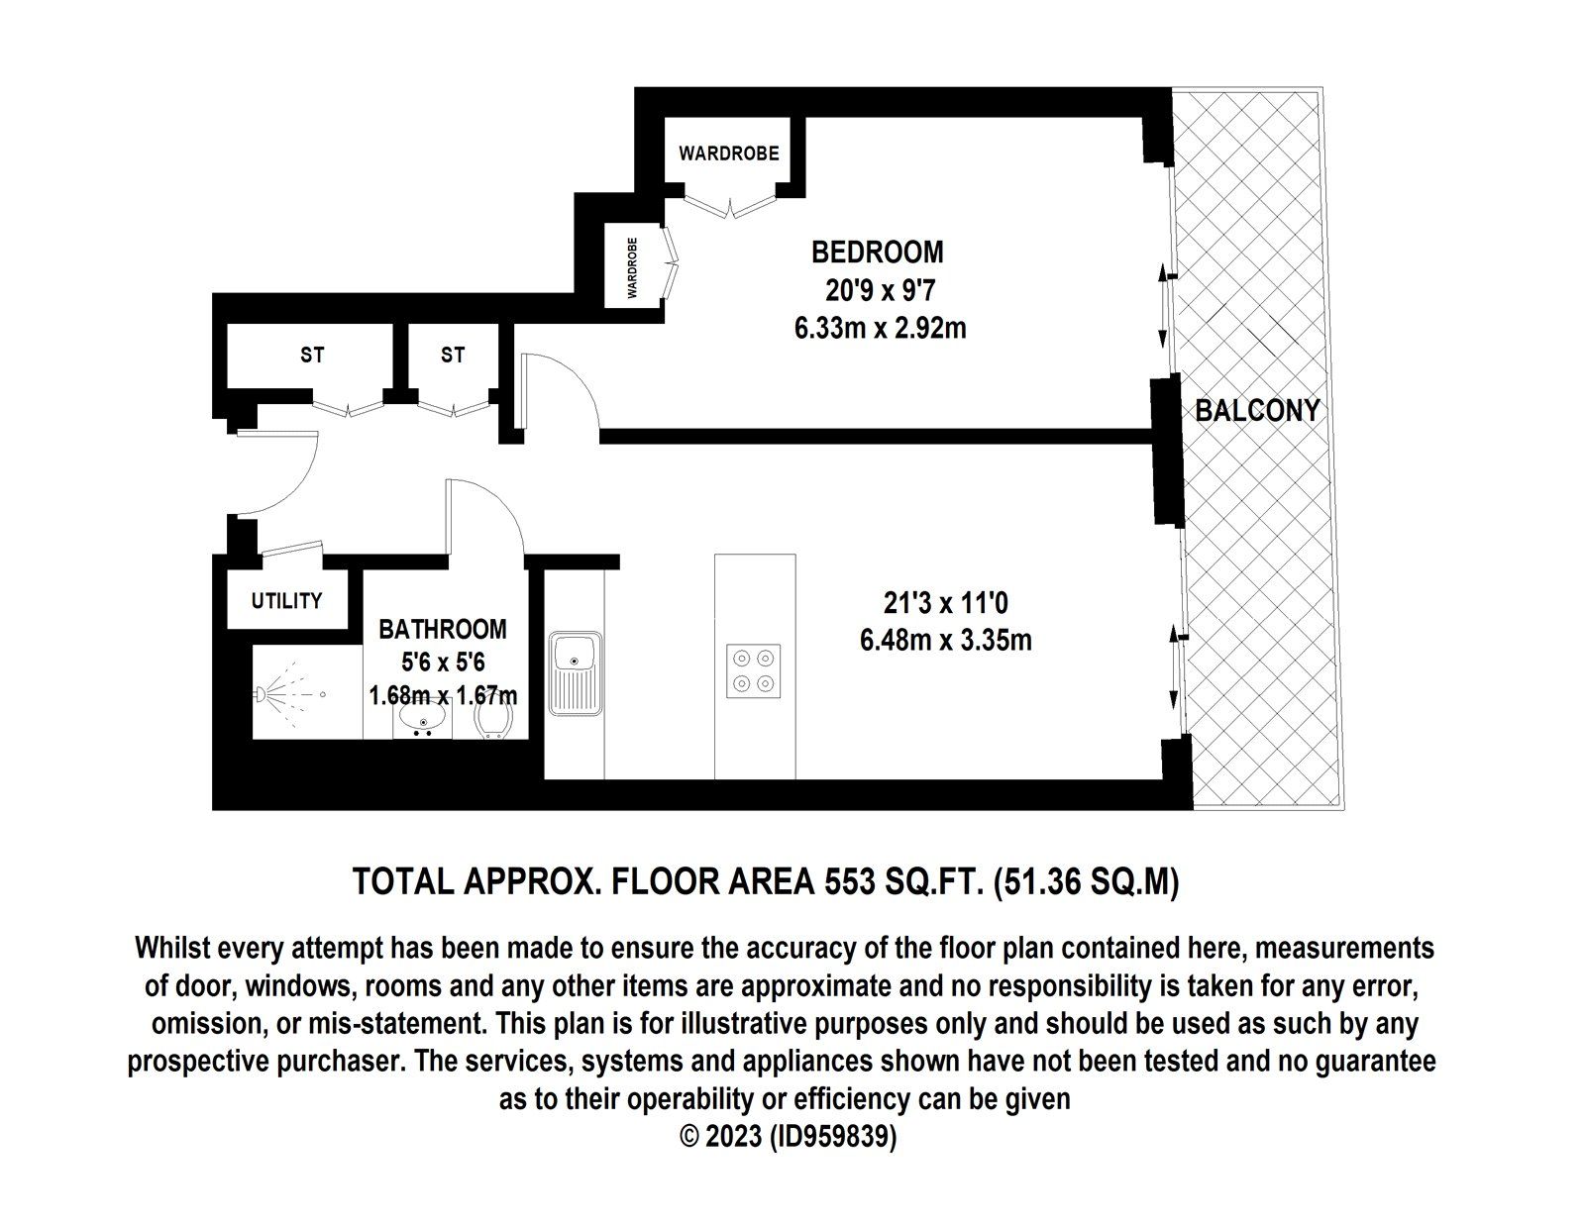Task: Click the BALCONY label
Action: (x=1257, y=410)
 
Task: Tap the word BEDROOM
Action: (x=877, y=253)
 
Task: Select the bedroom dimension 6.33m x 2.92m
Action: (x=880, y=328)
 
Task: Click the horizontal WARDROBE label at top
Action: (x=728, y=153)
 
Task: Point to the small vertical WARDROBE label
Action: (x=631, y=267)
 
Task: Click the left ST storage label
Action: (x=312, y=355)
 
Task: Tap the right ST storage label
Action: (x=453, y=355)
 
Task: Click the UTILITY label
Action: (x=286, y=601)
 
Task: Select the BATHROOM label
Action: (x=443, y=629)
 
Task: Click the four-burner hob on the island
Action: (x=754, y=671)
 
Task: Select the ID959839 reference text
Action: (x=830, y=1138)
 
